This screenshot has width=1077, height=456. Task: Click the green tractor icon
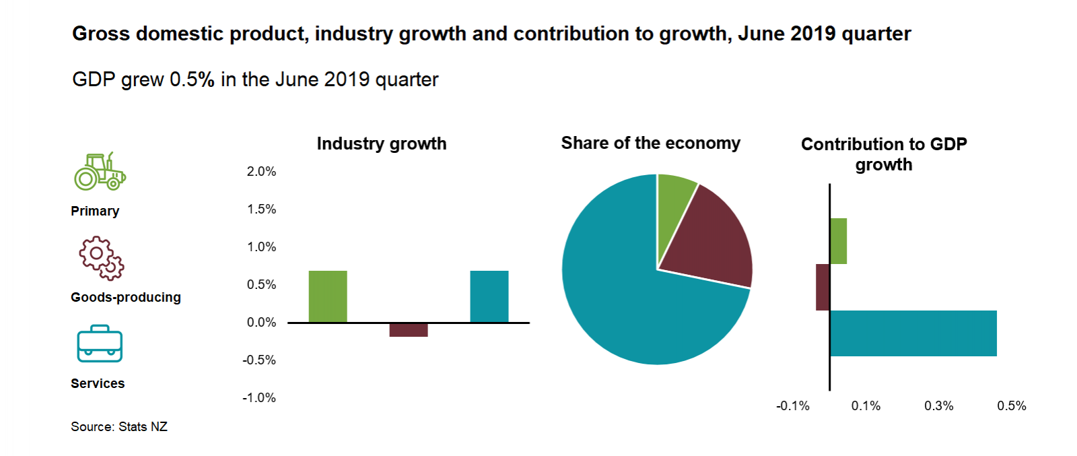click(x=100, y=171)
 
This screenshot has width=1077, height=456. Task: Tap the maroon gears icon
click(x=101, y=257)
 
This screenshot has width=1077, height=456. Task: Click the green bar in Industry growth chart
click(x=328, y=296)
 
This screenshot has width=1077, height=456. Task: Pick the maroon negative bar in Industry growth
click(x=409, y=330)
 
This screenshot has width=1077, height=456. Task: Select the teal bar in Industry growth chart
click(x=489, y=296)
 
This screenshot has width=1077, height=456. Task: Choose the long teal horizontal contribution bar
click(x=913, y=333)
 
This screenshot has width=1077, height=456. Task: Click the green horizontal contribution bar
click(x=838, y=241)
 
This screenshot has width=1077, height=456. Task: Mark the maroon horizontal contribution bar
click(x=823, y=287)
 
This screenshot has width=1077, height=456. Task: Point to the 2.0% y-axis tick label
click(x=261, y=172)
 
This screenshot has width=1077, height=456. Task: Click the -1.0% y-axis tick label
click(x=259, y=398)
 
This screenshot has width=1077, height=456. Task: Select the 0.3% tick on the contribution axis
click(x=938, y=406)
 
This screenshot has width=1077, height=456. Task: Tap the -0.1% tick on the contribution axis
click(x=793, y=406)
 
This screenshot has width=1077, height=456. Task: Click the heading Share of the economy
click(x=650, y=143)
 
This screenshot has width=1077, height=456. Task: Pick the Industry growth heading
click(x=382, y=144)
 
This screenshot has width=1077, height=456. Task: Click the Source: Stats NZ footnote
click(x=119, y=427)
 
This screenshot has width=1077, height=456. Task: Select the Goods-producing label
click(x=126, y=298)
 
